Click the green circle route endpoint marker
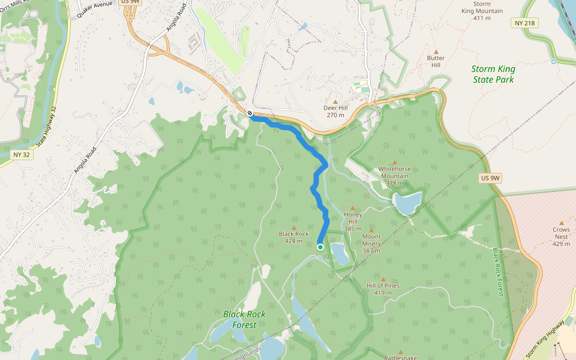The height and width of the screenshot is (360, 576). (320, 247)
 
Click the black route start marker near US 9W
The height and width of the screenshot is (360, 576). (250, 113)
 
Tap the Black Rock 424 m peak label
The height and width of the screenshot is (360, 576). (293, 237)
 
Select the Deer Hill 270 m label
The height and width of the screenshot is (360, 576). (335, 111)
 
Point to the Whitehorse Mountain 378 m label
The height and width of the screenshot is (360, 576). (394, 179)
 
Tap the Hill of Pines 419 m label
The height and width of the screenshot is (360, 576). (383, 289)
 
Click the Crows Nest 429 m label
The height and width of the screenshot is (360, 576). (561, 236)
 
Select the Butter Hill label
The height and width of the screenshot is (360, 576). (436, 61)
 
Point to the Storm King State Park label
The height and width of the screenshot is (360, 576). (493, 74)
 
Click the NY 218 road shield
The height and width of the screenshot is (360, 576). (525, 23)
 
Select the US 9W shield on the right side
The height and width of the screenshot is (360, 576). (490, 178)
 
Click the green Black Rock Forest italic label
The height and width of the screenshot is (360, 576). (244, 319)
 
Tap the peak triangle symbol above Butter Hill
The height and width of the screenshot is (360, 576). (436, 52)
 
